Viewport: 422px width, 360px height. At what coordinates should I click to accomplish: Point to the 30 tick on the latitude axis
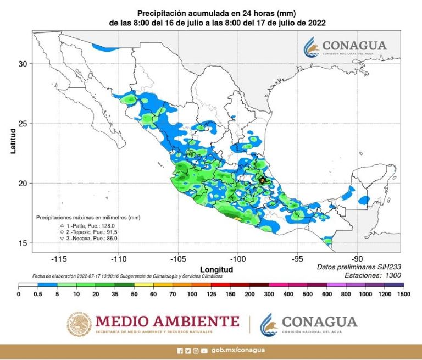23,64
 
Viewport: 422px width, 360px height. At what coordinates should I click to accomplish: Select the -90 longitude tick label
357,258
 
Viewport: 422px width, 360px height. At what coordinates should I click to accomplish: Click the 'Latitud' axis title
13,141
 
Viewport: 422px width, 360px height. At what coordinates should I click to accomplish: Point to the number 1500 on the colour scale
403,295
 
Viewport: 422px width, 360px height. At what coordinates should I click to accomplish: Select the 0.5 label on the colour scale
38,295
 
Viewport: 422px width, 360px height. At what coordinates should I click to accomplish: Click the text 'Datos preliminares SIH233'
359,267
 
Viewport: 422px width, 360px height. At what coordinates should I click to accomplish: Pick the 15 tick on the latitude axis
23,243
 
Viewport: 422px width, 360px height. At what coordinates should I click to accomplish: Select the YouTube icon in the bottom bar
204,351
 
